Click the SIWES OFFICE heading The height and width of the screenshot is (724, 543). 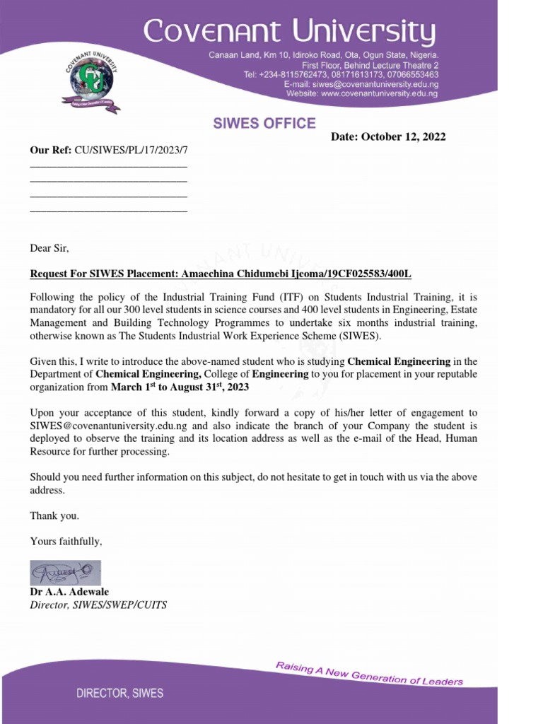click(x=264, y=124)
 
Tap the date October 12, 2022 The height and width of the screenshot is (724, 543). click(x=403, y=137)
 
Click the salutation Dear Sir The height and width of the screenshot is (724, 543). click(x=49, y=249)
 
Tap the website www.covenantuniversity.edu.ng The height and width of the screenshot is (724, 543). click(x=380, y=93)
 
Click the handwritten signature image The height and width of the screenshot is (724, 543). click(x=65, y=572)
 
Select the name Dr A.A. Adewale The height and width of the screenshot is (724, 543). click(x=69, y=592)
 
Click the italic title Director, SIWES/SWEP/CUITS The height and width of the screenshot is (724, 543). click(x=98, y=605)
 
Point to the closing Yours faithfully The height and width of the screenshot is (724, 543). click(x=66, y=542)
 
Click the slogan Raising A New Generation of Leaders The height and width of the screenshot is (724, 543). click(x=369, y=672)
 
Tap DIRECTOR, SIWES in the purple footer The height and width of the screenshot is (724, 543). click(x=119, y=694)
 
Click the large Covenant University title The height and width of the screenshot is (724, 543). click(x=289, y=32)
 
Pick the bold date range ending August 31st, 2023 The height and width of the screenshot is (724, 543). click(x=180, y=387)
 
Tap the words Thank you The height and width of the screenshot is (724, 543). click(x=54, y=516)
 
